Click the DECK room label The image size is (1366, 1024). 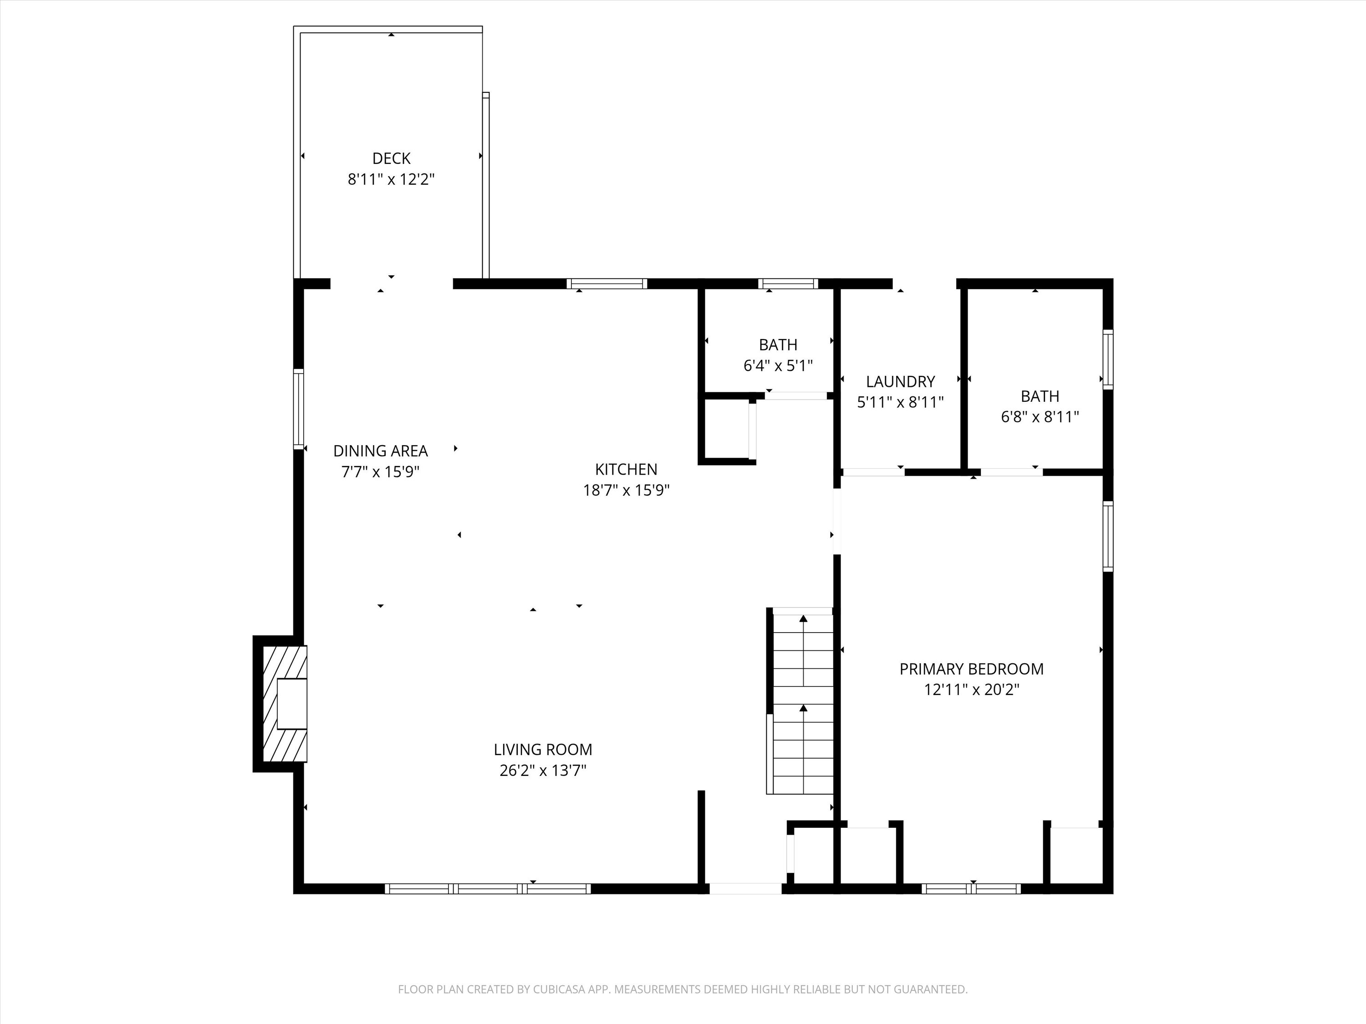[391, 159]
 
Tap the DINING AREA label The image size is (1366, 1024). [380, 451]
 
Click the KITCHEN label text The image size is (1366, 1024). [626, 470]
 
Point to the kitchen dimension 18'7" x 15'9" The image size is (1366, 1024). [626, 491]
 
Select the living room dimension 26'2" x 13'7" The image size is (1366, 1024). [543, 771]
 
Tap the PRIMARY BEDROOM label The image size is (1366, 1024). [971, 669]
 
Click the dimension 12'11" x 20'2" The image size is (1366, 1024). [971, 690]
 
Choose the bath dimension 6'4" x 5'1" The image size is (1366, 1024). [778, 366]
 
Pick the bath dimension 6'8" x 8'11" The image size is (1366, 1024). [1040, 416]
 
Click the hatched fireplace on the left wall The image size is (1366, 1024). [285, 704]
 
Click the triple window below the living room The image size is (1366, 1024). [488, 889]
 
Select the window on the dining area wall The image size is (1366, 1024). [299, 409]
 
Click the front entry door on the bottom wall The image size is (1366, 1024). [745, 889]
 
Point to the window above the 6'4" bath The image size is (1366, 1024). [788, 284]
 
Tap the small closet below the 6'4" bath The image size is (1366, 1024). [727, 430]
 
